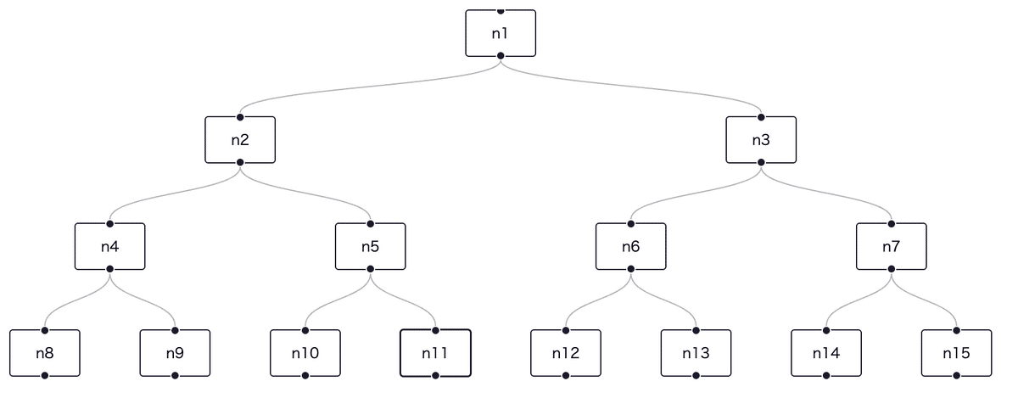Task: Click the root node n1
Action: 501,33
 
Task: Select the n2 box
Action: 240,140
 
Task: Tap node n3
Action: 761,140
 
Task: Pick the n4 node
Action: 109,246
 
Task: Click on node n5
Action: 370,246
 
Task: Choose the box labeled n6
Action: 630,246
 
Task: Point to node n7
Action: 891,246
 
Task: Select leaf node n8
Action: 45,353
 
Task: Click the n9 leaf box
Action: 175,353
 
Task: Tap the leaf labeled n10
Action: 305,353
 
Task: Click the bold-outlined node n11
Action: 434,353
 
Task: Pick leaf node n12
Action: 566,353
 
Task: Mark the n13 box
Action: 696,353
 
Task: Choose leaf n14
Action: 826,353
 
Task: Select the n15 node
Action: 956,353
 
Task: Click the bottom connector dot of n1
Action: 501,55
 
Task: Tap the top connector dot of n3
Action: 761,117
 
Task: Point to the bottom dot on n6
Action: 630,268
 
